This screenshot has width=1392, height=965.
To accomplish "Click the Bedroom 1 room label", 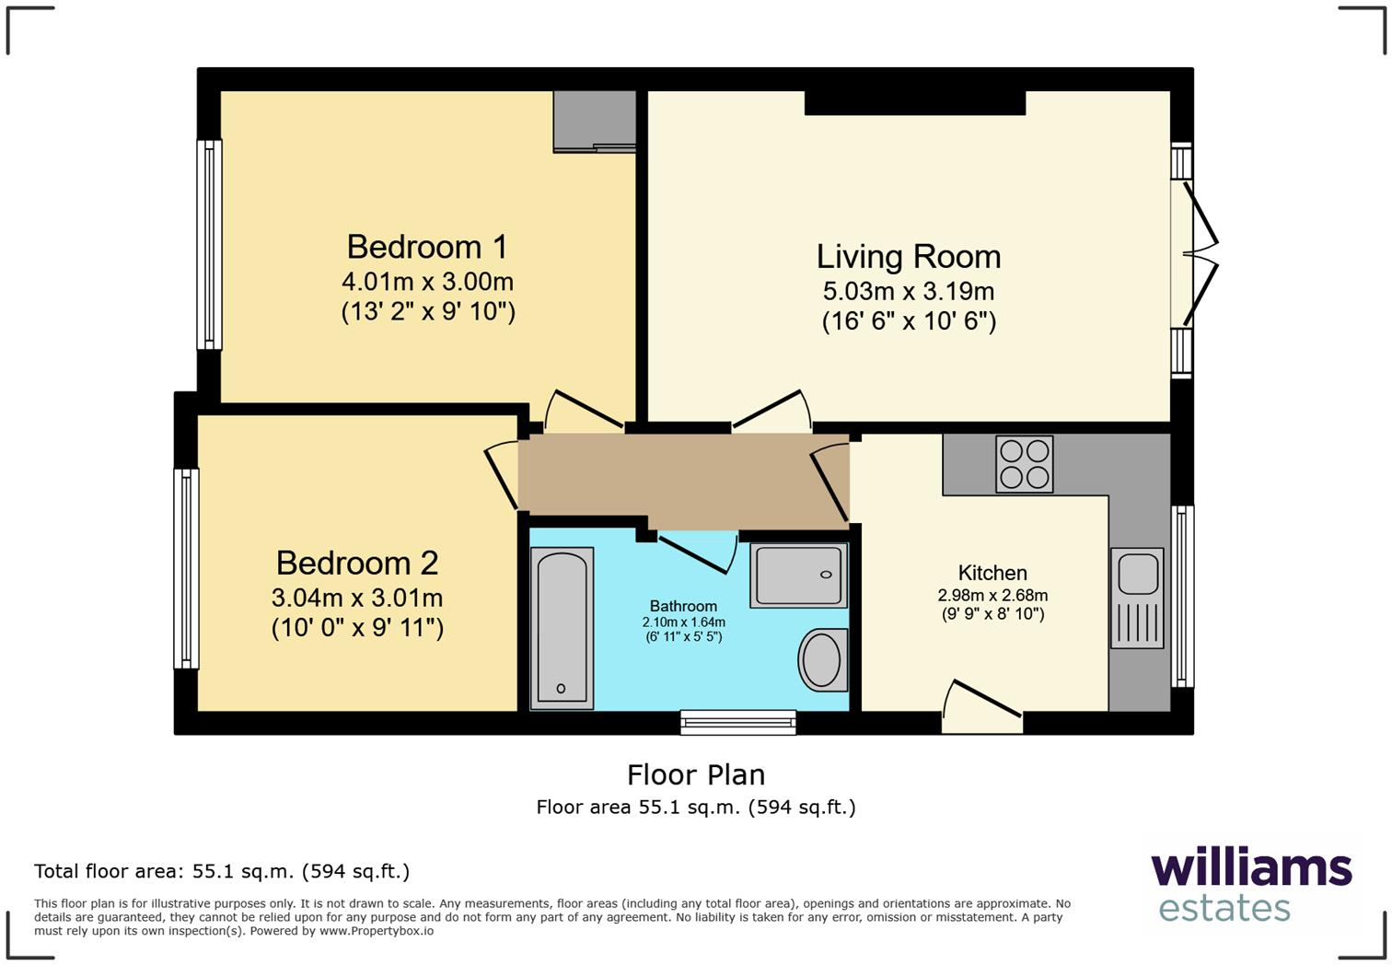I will tap(427, 247).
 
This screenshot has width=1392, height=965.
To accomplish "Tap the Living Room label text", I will tap(908, 257).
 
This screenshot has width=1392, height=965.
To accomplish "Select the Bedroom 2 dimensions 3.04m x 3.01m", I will tap(357, 598).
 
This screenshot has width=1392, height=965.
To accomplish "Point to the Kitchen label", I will tap(992, 573).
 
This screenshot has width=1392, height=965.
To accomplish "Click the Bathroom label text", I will tap(683, 606).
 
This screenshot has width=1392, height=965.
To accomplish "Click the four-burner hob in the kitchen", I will tap(1024, 464).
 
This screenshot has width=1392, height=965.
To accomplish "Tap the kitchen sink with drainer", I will tap(1137, 598).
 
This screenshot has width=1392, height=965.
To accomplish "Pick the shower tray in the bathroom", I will tap(798, 576).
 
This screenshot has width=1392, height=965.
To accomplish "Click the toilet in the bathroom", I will tap(822, 660).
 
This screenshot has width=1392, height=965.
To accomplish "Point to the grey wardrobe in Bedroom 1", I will tap(594, 121).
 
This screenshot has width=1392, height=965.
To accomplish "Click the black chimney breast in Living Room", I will tap(914, 102).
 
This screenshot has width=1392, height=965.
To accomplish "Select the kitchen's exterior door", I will tap(982, 710).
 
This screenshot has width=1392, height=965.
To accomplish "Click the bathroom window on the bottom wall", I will tap(738, 723).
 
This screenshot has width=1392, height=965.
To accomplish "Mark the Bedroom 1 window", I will tap(210, 245).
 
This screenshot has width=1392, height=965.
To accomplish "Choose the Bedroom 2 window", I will tap(187, 568).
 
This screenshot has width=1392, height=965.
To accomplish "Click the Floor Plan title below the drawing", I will tap(696, 775).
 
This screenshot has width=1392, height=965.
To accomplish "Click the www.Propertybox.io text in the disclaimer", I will tap(377, 931).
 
